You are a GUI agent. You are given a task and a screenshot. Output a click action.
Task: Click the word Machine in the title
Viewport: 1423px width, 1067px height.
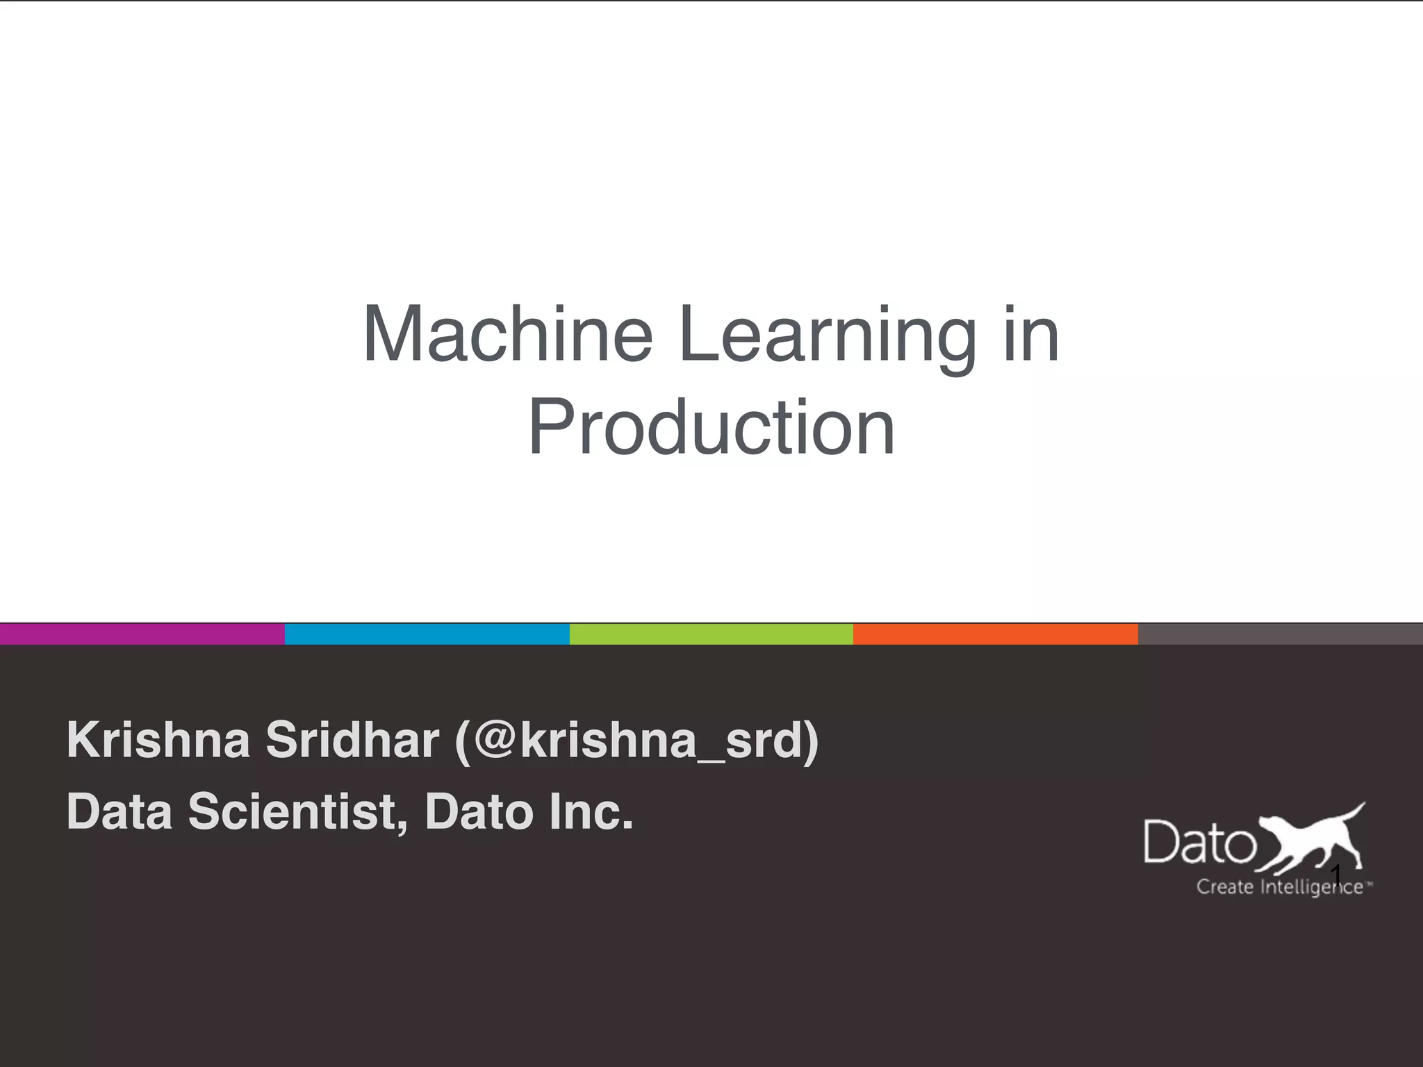[x=508, y=335]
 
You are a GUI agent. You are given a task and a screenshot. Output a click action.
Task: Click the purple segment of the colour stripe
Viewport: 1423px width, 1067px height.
[x=142, y=634]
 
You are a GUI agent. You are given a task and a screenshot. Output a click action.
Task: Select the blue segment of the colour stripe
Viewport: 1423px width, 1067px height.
[x=427, y=634]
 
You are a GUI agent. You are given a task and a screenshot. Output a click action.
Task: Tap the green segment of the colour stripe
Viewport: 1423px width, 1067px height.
[x=711, y=634]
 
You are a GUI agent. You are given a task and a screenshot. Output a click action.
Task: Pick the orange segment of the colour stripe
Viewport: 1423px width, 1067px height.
[x=995, y=634]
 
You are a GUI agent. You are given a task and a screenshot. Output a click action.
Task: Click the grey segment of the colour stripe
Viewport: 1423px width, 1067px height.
[x=1280, y=634]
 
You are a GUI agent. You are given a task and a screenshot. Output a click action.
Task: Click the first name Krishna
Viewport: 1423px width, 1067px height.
[x=158, y=740]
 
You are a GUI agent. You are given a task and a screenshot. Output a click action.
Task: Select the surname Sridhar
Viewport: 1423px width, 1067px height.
[x=352, y=740]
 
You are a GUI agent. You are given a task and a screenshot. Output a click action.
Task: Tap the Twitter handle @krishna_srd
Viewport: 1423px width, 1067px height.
[x=636, y=741]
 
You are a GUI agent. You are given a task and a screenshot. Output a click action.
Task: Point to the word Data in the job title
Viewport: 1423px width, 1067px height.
[x=120, y=812]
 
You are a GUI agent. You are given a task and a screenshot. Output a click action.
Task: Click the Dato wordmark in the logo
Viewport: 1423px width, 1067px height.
[x=1199, y=843]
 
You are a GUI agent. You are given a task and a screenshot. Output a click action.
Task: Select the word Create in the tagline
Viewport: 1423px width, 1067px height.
[x=1224, y=887]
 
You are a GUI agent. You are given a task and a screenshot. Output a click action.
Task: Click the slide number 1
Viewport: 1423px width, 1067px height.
[x=1335, y=874]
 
